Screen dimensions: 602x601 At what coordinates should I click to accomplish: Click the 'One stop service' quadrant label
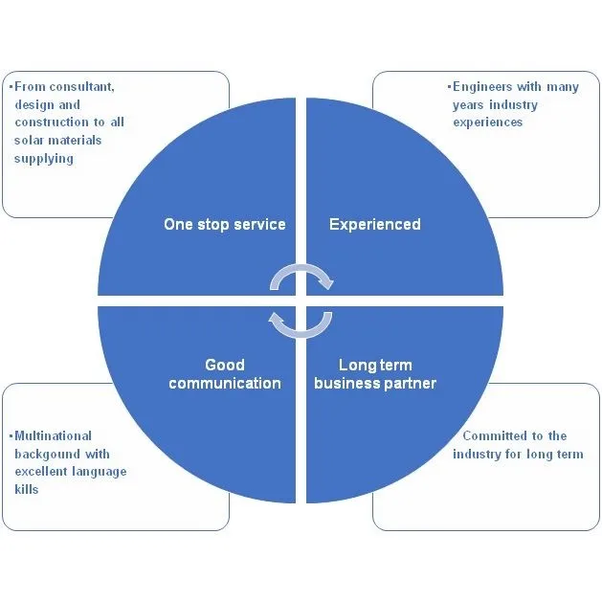[x=225, y=225]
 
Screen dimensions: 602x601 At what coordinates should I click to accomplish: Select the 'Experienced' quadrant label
[x=375, y=225]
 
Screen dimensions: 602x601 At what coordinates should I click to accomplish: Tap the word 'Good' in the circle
[x=225, y=365]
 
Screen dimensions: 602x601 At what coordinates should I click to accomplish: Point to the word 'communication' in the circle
[x=225, y=383]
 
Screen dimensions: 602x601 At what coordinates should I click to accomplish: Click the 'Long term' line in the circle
[x=375, y=365]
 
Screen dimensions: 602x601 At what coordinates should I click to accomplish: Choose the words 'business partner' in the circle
[x=375, y=384]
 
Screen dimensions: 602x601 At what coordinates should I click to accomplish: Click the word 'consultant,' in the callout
[x=81, y=87]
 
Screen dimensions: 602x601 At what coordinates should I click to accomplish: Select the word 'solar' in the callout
[x=29, y=140]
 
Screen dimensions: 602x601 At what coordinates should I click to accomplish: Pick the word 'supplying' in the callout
[x=44, y=159]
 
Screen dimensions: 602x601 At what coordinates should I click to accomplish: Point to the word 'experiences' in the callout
[x=487, y=122]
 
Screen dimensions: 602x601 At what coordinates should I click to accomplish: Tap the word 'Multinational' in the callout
[x=53, y=436]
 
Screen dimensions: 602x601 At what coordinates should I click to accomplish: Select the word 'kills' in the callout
[x=27, y=489]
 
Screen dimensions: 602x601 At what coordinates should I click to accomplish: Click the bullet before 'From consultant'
[x=11, y=87]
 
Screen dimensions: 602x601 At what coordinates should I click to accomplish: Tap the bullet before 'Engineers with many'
[x=449, y=87]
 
